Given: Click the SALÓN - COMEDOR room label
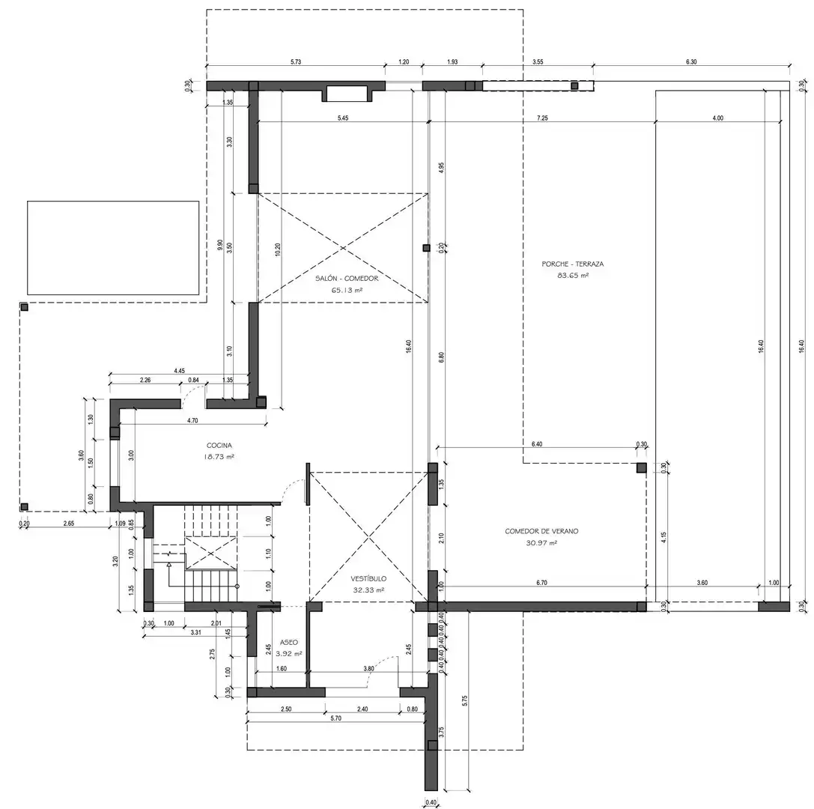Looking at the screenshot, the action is [347, 279].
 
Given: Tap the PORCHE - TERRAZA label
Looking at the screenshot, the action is [573, 264].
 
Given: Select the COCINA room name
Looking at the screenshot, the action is [219, 446].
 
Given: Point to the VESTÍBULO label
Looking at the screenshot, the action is [368, 578].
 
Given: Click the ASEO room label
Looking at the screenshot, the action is [288, 642].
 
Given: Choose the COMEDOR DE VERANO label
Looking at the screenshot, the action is [541, 531].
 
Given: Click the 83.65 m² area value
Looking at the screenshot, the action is [573, 276].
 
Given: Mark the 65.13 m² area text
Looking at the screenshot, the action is [347, 290].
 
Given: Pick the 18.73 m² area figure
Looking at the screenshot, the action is [219, 457].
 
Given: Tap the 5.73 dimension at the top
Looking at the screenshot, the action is [295, 61].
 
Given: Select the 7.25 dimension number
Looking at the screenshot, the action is [542, 118].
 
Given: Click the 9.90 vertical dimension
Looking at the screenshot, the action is [220, 245].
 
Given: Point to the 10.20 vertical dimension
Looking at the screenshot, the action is [278, 249].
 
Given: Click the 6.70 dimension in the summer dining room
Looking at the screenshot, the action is [541, 583].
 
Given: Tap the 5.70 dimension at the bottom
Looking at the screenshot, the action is [336, 718].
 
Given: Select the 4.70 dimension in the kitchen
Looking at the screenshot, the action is [192, 420].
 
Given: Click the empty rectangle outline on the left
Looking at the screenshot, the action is [27, 248].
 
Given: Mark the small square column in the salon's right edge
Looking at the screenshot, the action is [426, 248].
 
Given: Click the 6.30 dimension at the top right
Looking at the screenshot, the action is [691, 61].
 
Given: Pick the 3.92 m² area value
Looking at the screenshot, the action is [288, 654].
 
